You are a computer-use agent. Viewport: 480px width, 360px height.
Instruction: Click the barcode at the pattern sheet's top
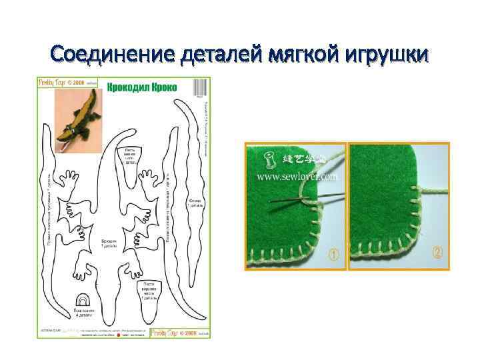[201, 88]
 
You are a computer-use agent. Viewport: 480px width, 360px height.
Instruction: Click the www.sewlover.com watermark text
[298, 177]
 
